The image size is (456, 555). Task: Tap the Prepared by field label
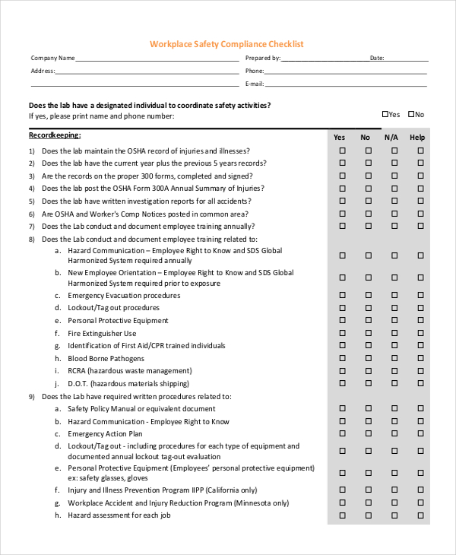point(263,58)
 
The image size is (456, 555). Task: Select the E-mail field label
point(255,84)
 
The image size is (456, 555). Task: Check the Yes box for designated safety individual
point(385,114)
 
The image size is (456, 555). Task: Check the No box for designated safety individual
point(411,114)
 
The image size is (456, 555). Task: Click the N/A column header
point(391,138)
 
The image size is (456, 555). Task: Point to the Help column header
point(417,138)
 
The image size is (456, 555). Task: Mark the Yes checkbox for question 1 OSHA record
point(342,151)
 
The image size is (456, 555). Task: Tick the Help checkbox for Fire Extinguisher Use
point(420,334)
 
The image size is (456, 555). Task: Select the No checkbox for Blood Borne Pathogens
point(369,359)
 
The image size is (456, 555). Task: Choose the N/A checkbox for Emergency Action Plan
point(394,433)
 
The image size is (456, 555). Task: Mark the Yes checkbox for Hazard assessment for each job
point(342,515)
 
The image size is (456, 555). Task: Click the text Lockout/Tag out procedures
point(113,308)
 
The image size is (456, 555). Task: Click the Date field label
point(377,58)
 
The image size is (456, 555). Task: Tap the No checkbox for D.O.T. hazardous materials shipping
point(369,384)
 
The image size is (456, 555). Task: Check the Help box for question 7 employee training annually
point(420,226)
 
